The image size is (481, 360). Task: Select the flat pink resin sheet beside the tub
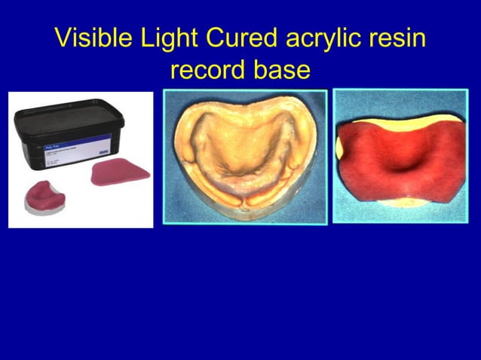click(119, 174)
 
